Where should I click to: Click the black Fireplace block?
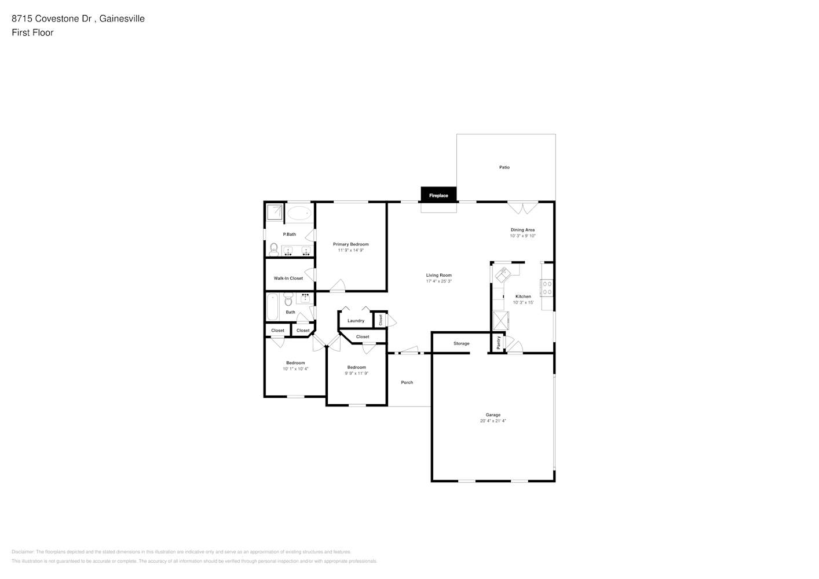pyautogui.click(x=438, y=195)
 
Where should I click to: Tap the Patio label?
pyautogui.click(x=504, y=167)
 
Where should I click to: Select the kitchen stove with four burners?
pyautogui.click(x=547, y=288)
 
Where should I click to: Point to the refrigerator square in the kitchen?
pyautogui.click(x=501, y=320)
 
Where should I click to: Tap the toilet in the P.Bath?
pyautogui.click(x=274, y=250)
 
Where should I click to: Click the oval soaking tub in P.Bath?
pyautogui.click(x=299, y=214)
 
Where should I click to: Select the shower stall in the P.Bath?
pyautogui.click(x=275, y=212)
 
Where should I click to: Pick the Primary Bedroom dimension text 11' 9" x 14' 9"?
pyautogui.click(x=350, y=250)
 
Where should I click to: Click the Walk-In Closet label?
pyautogui.click(x=288, y=278)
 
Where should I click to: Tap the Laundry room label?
pyautogui.click(x=356, y=321)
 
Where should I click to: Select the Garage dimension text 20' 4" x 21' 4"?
pyautogui.click(x=493, y=421)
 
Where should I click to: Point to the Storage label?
pyautogui.click(x=461, y=343)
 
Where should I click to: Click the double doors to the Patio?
pyautogui.click(x=522, y=207)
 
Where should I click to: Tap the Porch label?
pyautogui.click(x=407, y=383)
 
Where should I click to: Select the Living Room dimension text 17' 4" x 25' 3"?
pyautogui.click(x=438, y=281)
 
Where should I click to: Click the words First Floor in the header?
pyautogui.click(x=32, y=32)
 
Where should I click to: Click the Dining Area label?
pyautogui.click(x=522, y=230)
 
